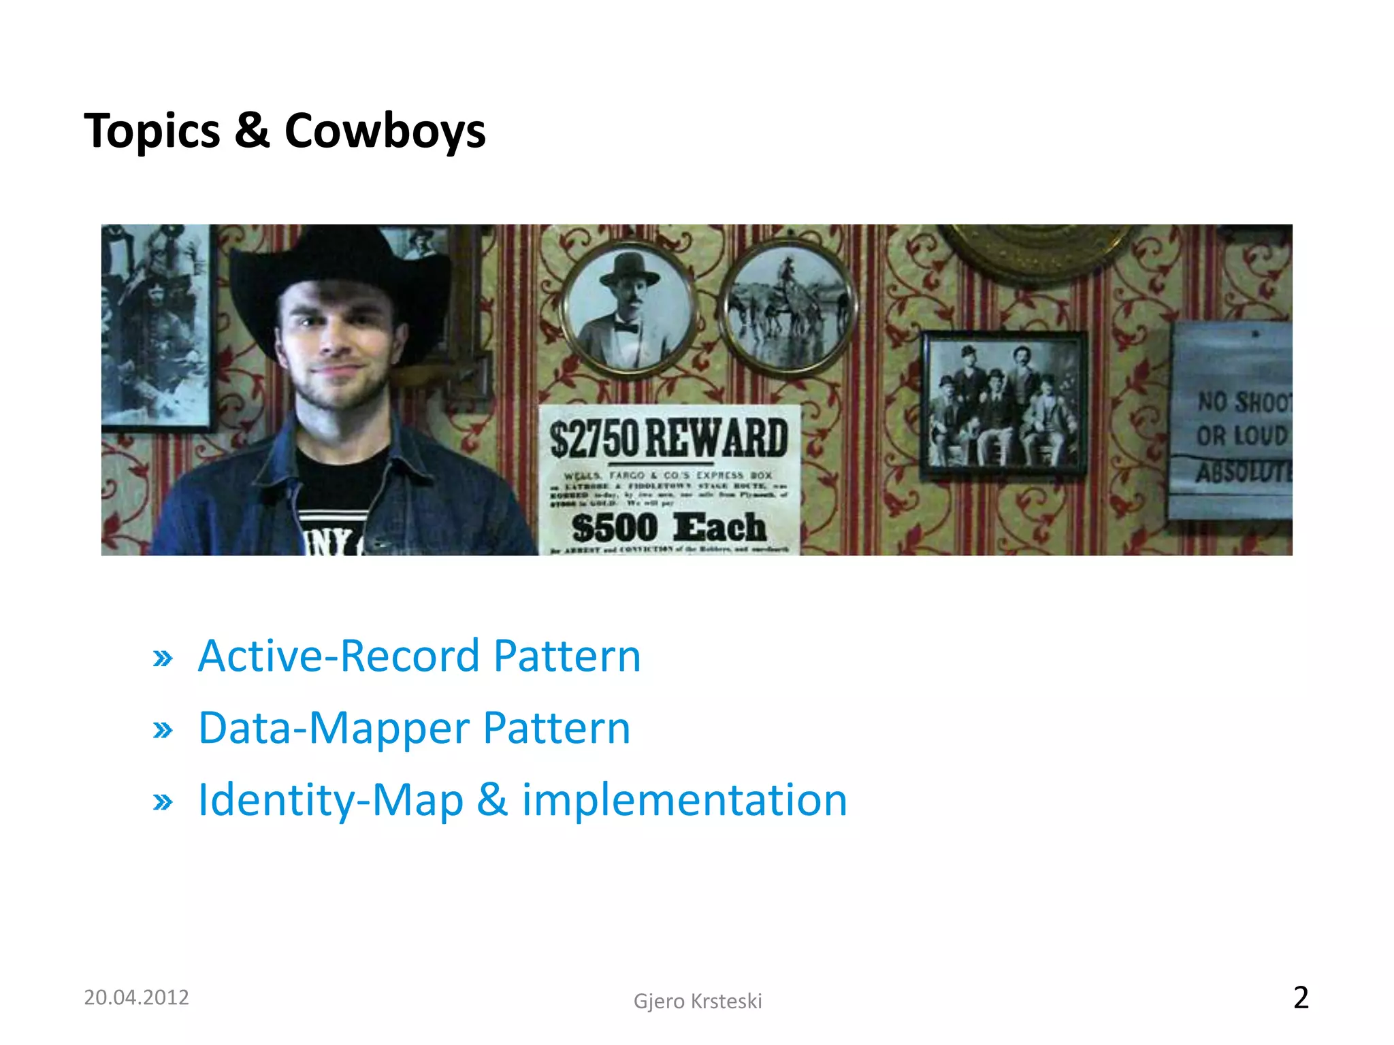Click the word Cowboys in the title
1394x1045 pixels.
385,131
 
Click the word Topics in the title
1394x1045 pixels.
152,131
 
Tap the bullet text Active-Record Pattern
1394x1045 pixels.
419,656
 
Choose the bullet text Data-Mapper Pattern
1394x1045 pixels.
414,728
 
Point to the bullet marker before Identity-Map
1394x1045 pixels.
163,802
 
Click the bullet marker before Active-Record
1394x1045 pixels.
163,659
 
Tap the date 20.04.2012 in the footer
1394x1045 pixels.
136,997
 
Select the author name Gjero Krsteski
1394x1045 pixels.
697,1001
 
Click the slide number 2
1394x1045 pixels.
1300,997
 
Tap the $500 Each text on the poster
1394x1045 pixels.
668,527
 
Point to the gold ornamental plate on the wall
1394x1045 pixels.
1035,248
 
